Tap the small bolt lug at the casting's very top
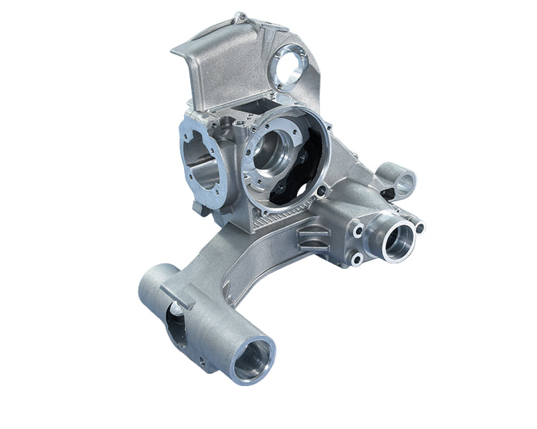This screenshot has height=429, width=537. (241, 16)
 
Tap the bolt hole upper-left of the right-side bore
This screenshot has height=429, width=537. (358, 228)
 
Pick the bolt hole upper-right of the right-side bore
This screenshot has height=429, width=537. (418, 226)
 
